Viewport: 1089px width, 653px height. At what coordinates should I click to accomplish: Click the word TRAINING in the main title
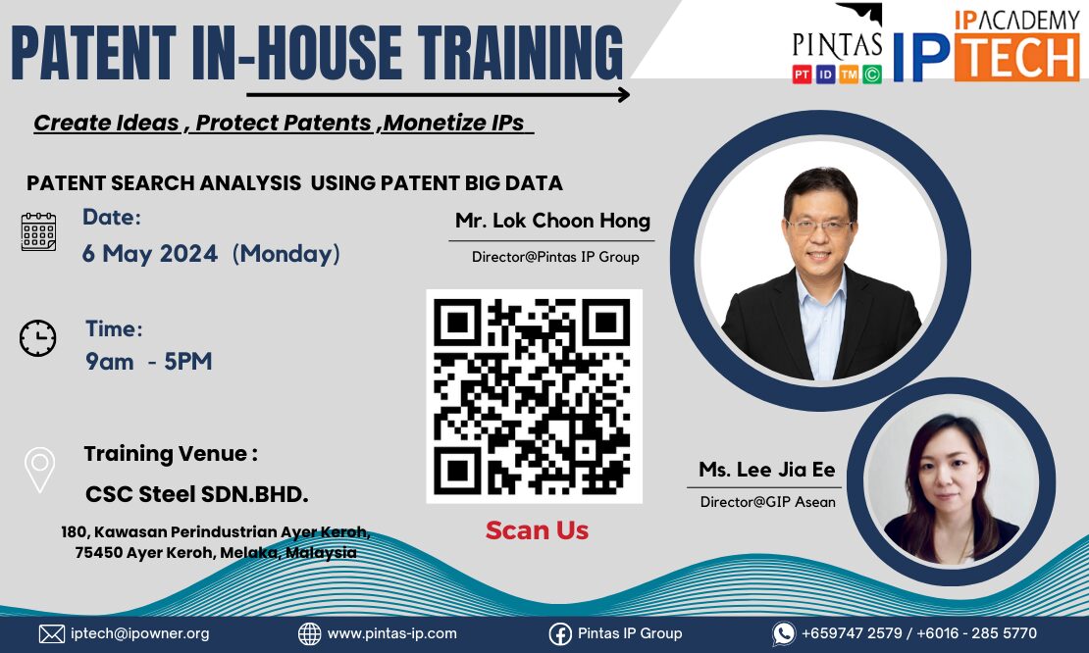521,52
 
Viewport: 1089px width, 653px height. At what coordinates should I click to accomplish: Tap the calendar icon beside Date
39,231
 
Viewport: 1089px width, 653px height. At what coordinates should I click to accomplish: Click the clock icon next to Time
37,338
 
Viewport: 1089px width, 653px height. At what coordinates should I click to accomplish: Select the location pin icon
39,470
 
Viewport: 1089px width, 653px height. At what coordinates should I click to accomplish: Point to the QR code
534,396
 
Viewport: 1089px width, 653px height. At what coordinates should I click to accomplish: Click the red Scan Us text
537,530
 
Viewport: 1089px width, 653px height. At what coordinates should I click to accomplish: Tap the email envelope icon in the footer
51,633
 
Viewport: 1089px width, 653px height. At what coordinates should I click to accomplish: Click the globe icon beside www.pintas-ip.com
310,633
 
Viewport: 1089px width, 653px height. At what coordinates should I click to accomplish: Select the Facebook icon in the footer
560,633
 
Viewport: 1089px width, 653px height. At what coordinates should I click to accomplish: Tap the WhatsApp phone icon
784,633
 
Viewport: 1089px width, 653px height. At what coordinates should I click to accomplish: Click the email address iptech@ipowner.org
139,633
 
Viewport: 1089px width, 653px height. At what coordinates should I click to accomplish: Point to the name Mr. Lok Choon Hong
552,221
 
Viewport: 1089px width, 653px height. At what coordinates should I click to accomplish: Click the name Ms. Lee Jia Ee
767,469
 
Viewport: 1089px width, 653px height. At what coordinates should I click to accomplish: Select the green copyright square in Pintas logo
872,75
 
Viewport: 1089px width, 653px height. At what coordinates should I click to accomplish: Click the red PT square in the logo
803,75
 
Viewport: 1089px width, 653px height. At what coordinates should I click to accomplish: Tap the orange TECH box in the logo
1016,57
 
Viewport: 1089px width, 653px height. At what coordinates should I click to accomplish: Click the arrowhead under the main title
623,94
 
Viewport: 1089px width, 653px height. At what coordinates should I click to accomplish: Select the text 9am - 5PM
148,362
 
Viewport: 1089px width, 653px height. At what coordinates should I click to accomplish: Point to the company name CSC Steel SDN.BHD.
196,494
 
